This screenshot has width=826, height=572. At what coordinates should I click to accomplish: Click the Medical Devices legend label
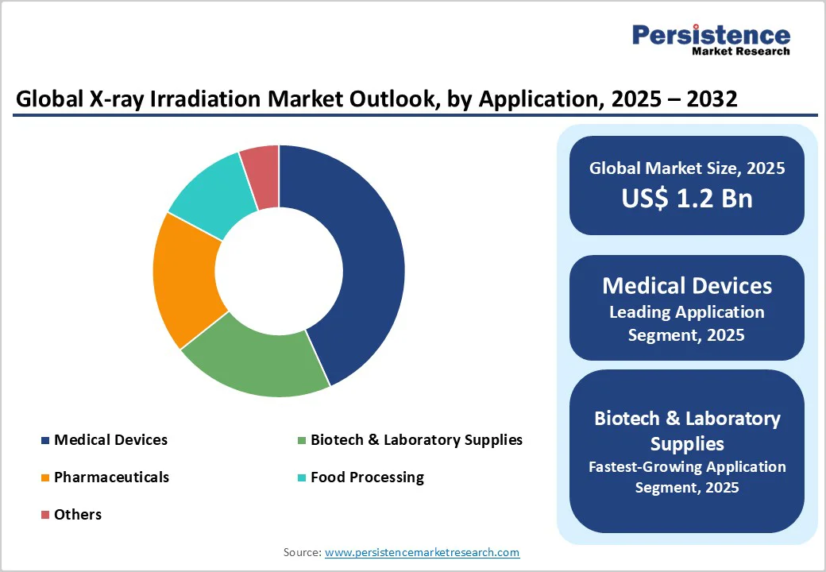pos(110,439)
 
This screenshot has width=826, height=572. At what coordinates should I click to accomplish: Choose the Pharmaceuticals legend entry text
pos(111,477)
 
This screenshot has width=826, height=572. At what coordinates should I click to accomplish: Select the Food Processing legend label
pos(367,477)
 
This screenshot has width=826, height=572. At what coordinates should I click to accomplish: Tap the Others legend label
pos(78,514)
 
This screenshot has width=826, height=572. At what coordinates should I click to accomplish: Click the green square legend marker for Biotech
pos(301,440)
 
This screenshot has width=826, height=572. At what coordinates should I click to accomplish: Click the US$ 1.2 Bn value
pos(686,198)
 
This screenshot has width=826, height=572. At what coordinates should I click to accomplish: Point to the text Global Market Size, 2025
pos(686,168)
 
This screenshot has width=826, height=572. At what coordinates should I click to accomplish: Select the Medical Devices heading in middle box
pos(686,286)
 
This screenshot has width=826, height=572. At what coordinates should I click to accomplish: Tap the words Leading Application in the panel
pos(686,312)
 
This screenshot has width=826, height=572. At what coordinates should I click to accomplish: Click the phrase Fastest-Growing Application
pos(686,466)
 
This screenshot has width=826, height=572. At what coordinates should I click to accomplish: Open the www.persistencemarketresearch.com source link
pos(422,551)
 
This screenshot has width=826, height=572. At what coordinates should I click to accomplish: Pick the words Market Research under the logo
pos(740,52)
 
